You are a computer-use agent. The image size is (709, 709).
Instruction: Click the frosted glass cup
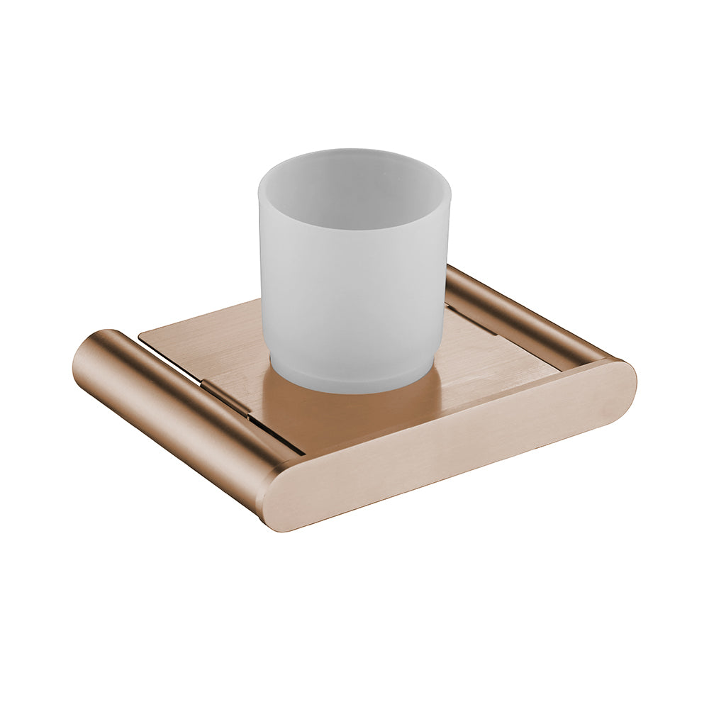352,284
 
